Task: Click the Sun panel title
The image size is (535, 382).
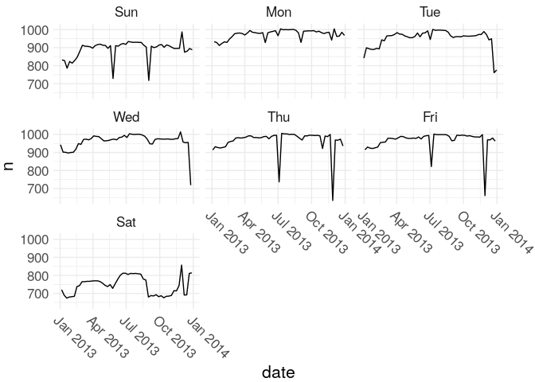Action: [x=126, y=12]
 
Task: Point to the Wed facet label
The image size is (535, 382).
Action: [x=126, y=117]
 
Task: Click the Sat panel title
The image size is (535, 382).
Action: [x=126, y=222]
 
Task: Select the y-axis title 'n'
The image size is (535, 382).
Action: [x=10, y=166]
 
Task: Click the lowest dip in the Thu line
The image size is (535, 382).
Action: [x=333, y=200]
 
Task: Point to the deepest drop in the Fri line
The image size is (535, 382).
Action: [x=485, y=195]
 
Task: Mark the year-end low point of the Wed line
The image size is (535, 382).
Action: [x=190, y=185]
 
